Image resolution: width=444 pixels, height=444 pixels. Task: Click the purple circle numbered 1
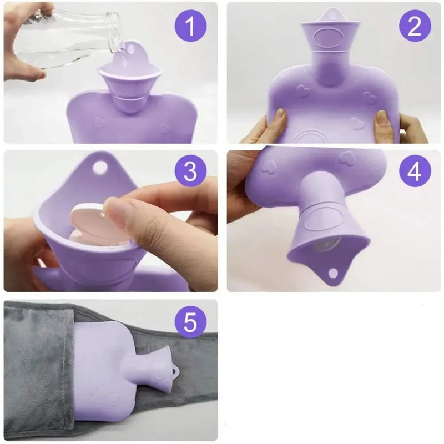(190, 26)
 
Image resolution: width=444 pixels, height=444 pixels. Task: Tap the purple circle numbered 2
(415, 26)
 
